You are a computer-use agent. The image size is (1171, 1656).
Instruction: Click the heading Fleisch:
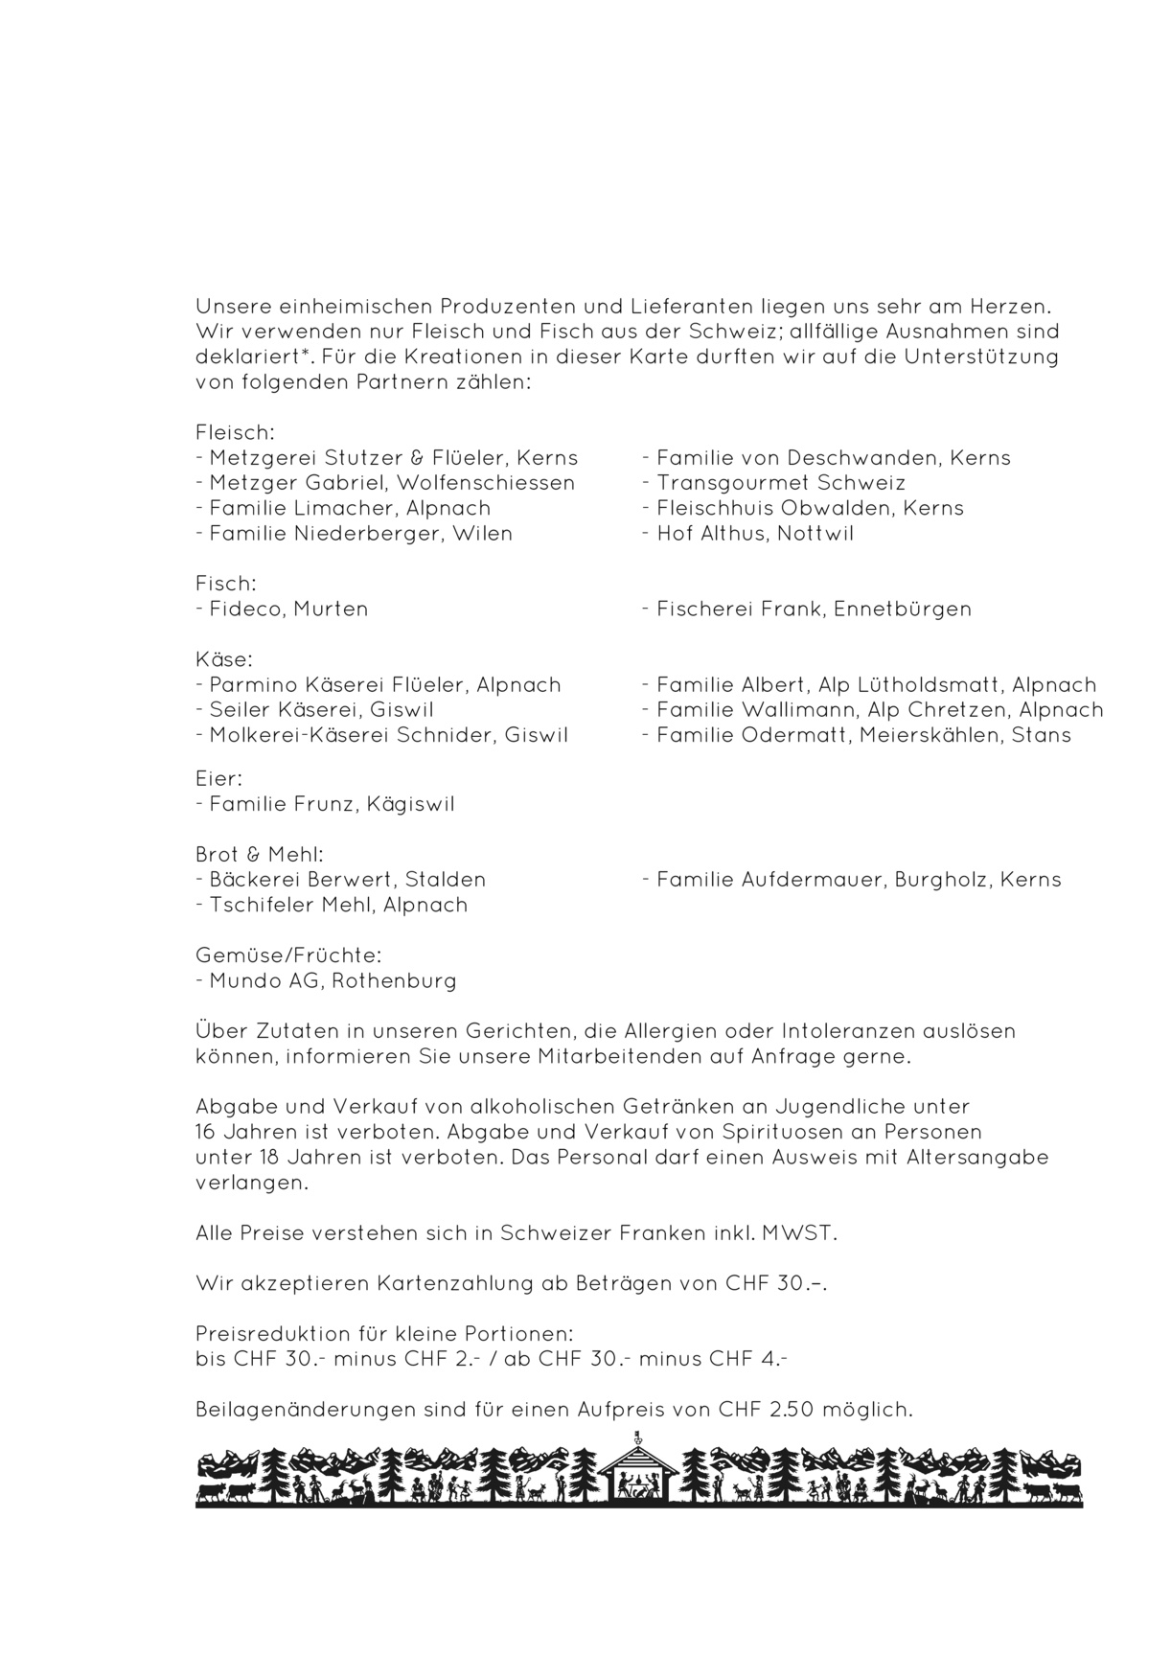coord(235,432)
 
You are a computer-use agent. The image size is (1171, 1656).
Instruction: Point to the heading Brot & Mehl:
coord(260,854)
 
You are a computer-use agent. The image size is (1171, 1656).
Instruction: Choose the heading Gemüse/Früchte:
coord(288,955)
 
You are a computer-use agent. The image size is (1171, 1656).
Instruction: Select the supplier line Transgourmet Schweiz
coord(780,483)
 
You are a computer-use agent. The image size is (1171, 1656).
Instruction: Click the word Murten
coord(331,609)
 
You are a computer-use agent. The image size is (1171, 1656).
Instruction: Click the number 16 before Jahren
coord(206,1132)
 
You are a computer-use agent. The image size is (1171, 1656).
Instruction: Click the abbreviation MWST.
coord(798,1233)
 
